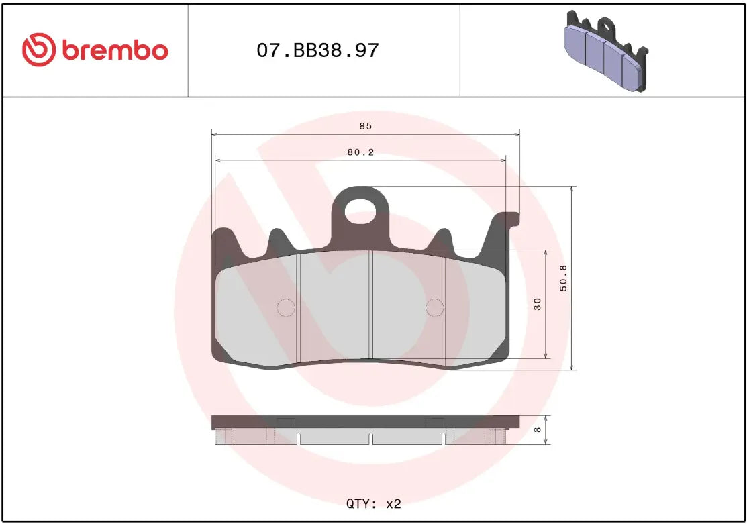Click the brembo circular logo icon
pos(38,50)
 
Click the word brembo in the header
pos(115,50)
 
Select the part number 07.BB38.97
pos(317,50)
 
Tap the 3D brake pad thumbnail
pos(605,50)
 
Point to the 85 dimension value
pos(365,126)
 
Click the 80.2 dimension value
pos(360,152)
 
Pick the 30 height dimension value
pos(537,304)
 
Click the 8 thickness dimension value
pos(537,430)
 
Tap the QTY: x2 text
pos(373,503)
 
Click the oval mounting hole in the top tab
pos(362,212)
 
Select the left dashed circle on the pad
pos(286,307)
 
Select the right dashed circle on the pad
pos(435,307)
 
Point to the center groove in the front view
pos(371,305)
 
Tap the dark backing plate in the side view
pos(365,422)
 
